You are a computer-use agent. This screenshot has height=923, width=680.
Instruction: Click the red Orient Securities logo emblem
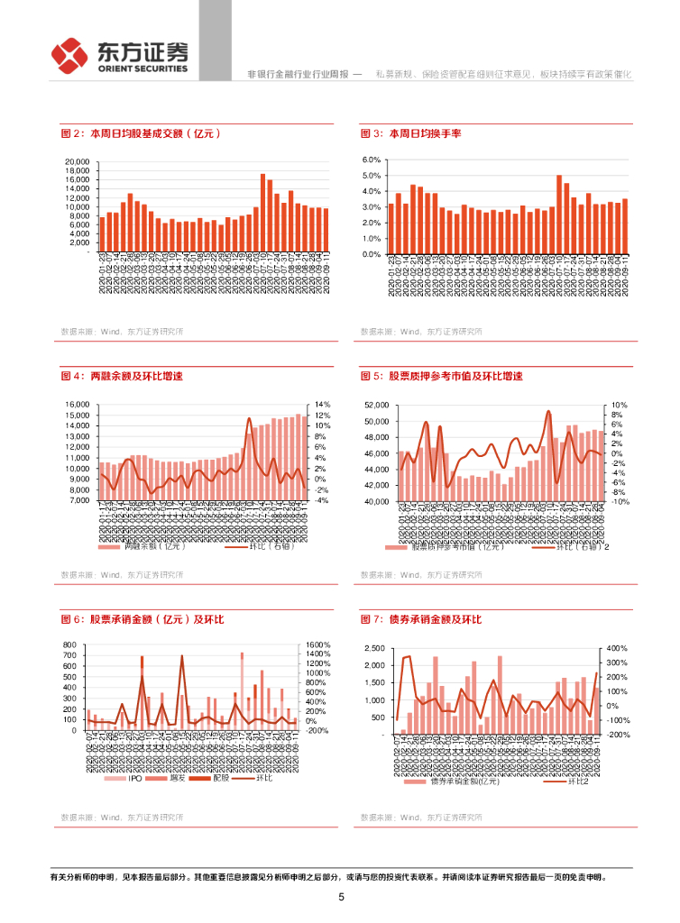(69, 56)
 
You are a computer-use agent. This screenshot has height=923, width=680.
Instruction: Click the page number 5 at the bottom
(341, 897)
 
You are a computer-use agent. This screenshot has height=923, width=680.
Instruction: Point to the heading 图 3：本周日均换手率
(411, 133)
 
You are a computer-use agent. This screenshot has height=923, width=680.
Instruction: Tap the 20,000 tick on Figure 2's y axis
(77, 162)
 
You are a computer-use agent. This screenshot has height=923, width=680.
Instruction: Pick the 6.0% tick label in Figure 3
(372, 160)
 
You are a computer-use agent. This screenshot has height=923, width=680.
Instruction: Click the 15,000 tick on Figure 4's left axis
(78, 405)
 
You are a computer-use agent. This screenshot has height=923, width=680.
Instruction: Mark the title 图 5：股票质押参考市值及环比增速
(441, 376)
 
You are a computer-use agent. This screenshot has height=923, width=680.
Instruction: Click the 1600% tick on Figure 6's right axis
(320, 645)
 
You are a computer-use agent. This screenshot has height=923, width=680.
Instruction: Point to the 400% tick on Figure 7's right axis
(617, 649)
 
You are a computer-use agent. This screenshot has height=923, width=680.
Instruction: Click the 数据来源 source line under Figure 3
(421, 332)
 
